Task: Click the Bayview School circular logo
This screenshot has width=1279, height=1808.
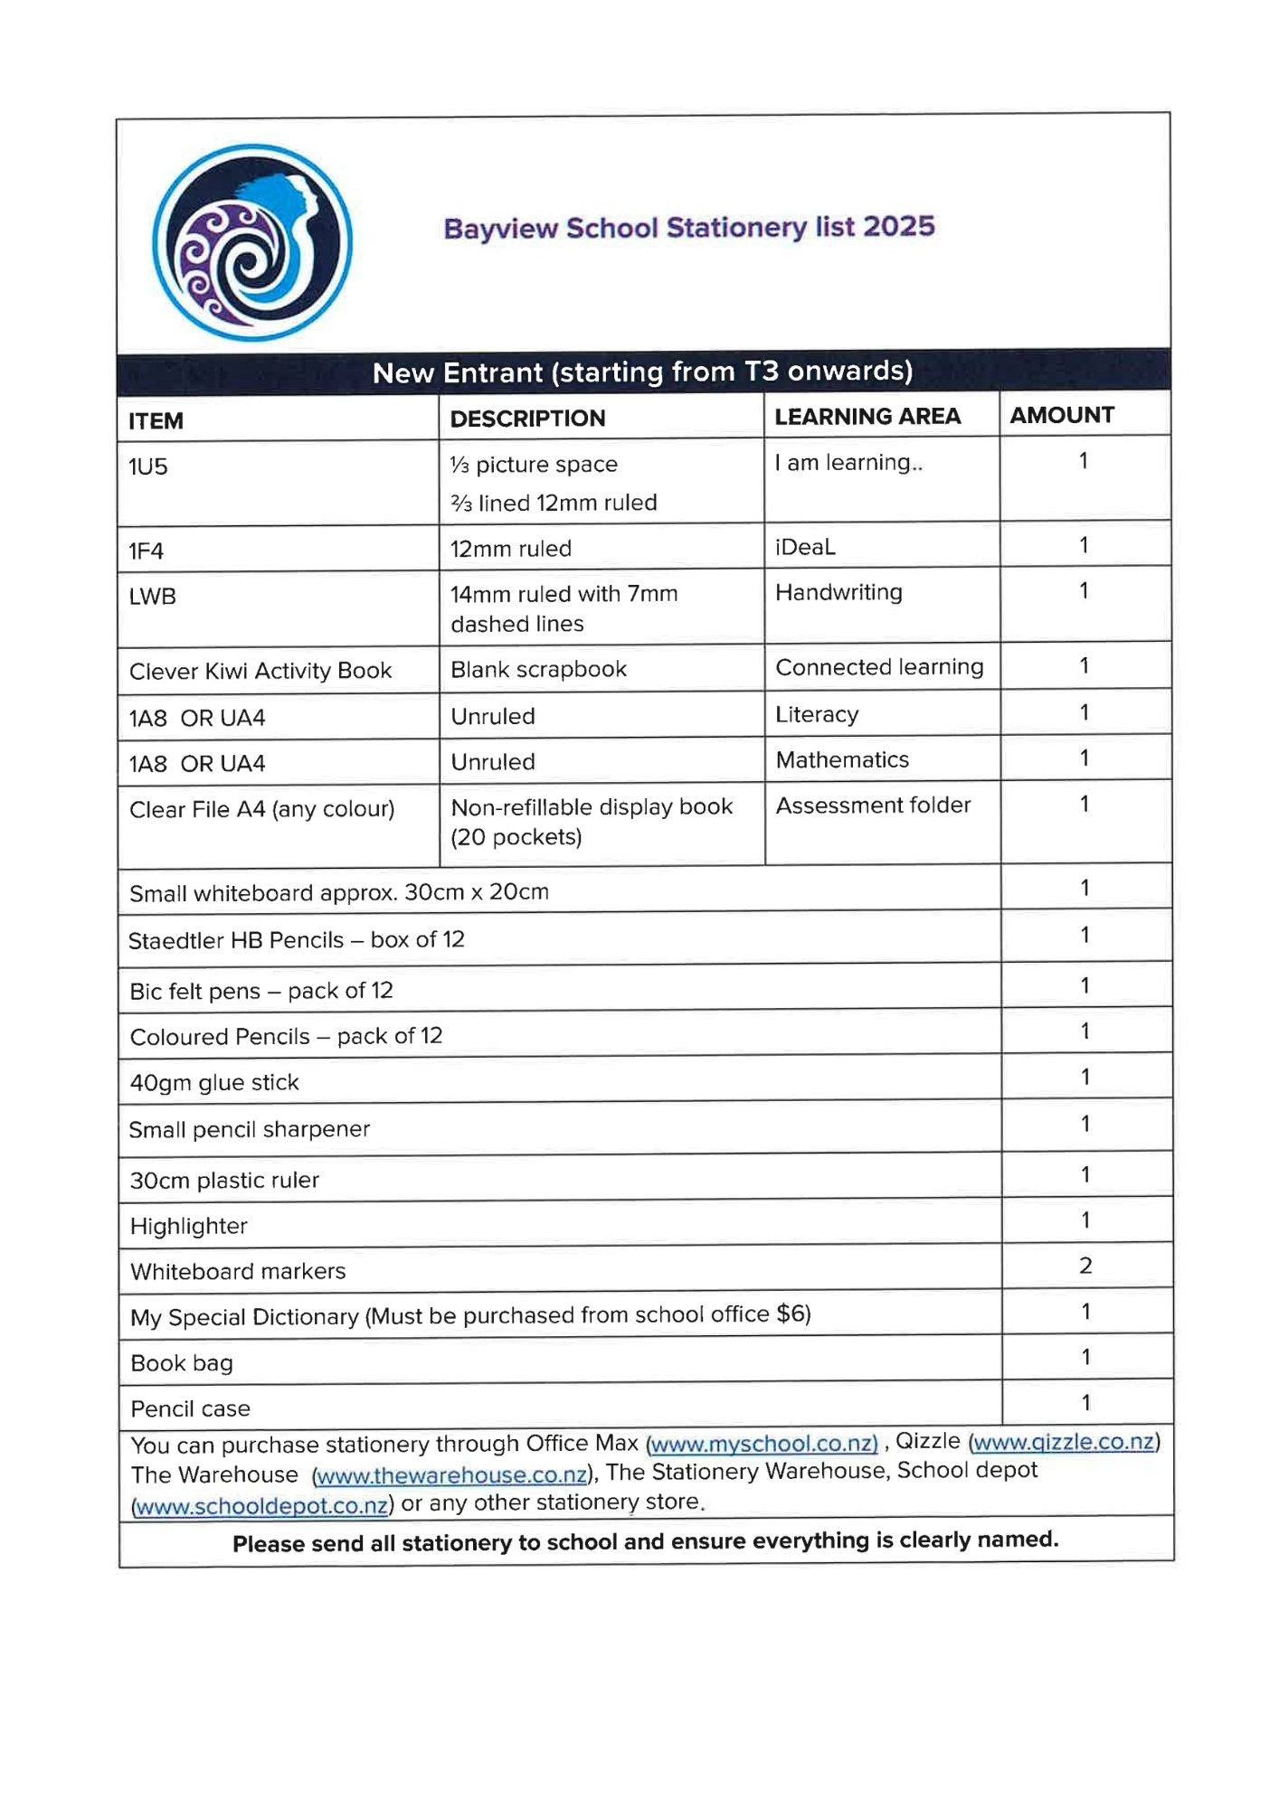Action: [251, 242]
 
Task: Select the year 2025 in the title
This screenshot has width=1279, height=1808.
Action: [898, 226]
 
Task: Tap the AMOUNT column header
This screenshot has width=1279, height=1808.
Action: [1062, 415]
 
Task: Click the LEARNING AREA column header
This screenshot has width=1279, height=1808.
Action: [867, 416]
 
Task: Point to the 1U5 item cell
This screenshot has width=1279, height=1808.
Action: [148, 466]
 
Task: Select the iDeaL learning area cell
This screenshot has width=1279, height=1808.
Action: [805, 547]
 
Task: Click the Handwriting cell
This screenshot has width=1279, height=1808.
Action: [838, 592]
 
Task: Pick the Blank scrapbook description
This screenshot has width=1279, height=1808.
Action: [538, 669]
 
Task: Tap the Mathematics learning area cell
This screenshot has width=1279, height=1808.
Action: [842, 759]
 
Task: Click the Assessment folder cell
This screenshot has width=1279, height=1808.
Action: [873, 805]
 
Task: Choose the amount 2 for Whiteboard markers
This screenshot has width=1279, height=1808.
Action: [1085, 1266]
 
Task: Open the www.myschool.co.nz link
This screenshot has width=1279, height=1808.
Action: [763, 1444]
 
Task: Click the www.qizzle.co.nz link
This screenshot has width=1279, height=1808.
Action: [1064, 1442]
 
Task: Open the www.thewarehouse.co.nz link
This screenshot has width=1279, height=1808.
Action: [451, 1475]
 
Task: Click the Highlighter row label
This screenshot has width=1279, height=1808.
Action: [188, 1226]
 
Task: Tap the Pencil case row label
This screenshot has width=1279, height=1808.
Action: [190, 1408]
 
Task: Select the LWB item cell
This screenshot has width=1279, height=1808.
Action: [152, 597]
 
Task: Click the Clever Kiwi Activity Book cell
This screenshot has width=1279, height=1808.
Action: [261, 671]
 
